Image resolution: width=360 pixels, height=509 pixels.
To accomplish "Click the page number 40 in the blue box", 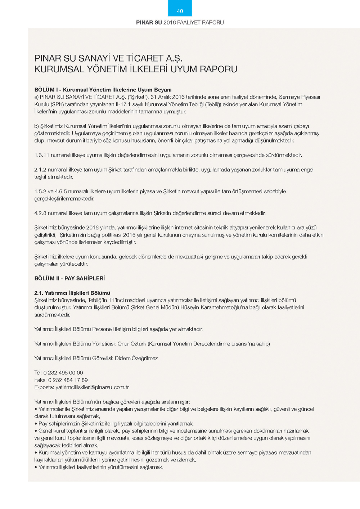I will [180, 11].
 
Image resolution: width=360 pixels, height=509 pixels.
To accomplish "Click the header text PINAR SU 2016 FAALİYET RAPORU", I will [180, 22].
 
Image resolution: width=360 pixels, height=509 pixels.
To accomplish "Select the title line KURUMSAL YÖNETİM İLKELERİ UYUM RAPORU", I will [136, 69].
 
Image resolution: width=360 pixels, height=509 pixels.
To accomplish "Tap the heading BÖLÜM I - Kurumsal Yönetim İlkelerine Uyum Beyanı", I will [103, 90].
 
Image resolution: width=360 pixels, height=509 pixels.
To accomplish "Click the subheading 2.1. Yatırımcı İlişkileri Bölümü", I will [72, 293].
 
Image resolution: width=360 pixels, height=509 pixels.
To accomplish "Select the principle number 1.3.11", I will [42, 155].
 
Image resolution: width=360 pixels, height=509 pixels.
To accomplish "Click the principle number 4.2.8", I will [40, 213].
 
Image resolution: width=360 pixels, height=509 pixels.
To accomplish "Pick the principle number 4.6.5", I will [61, 192].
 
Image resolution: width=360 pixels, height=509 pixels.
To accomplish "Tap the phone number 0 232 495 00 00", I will [63, 373].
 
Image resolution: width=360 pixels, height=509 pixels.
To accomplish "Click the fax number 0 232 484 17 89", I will [68, 380].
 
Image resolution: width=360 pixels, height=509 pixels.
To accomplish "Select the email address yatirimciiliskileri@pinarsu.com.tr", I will [93, 387].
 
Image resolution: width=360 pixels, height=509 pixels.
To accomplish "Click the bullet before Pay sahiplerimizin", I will [36, 424].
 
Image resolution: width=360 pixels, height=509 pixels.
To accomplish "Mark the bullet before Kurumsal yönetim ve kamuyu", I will [36, 452].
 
